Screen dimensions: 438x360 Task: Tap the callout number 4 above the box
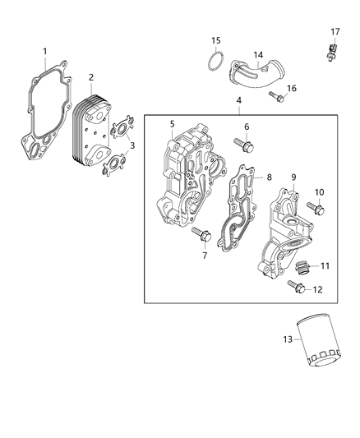[238, 101]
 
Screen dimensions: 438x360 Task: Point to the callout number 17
[335, 32]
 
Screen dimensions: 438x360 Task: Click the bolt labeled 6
[245, 147]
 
